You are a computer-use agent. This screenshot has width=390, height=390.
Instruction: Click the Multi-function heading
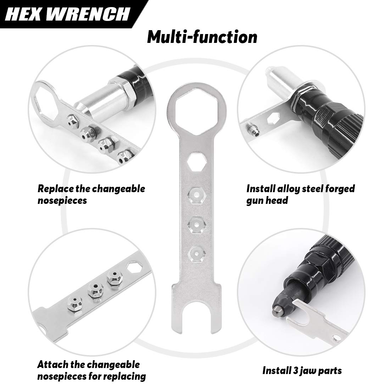click(x=202, y=37)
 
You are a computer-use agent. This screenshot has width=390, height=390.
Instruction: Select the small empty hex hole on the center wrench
click(x=197, y=162)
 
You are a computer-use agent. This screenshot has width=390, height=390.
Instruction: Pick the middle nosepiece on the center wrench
click(x=197, y=225)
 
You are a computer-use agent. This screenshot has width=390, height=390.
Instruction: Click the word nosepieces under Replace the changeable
click(x=62, y=200)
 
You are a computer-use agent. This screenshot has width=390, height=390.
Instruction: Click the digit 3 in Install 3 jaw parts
click(x=294, y=371)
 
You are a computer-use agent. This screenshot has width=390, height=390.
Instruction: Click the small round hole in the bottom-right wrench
click(x=337, y=338)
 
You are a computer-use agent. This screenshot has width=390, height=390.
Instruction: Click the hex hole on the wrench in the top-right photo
click(x=273, y=118)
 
